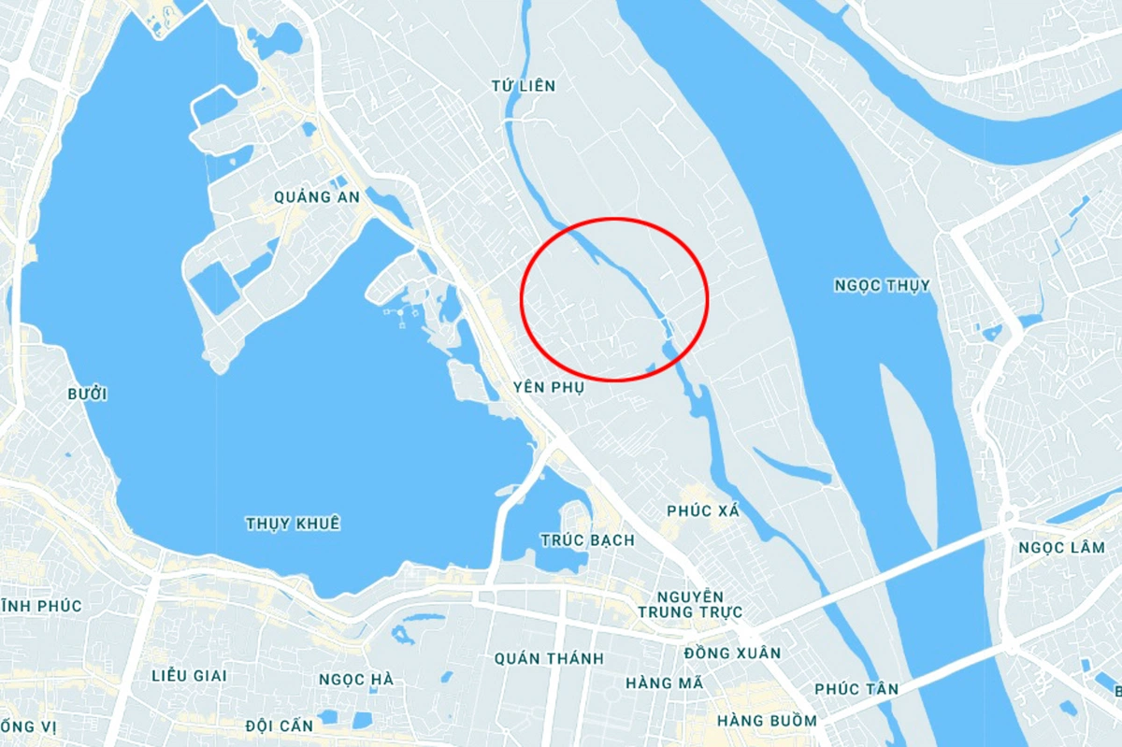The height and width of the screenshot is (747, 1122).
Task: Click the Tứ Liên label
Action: [x=523, y=86]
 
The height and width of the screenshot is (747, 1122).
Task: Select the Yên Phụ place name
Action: [x=548, y=387]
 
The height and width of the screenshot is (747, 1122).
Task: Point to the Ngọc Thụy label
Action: [x=883, y=285]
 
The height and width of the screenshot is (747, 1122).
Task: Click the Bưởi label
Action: [x=87, y=395]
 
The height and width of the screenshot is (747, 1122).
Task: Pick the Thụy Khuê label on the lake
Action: [x=293, y=524]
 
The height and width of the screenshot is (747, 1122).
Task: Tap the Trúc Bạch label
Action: [x=587, y=540]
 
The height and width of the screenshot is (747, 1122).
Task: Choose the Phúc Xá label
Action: [x=703, y=510]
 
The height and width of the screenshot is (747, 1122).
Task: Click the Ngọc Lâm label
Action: [x=1061, y=548]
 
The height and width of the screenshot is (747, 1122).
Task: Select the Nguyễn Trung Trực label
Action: [x=689, y=604]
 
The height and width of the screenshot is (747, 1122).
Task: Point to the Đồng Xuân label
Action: [x=732, y=653]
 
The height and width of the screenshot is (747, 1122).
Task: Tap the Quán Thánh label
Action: [x=549, y=659]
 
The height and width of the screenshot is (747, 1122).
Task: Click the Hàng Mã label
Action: [x=664, y=682]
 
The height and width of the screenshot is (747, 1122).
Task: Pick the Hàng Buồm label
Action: [x=767, y=721]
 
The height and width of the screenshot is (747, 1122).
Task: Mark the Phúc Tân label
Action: [x=856, y=689]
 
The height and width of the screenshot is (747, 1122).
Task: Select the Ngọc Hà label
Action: [x=355, y=680]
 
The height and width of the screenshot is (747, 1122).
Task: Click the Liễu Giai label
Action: [x=189, y=675]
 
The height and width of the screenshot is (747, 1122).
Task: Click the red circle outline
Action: [x=614, y=220]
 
